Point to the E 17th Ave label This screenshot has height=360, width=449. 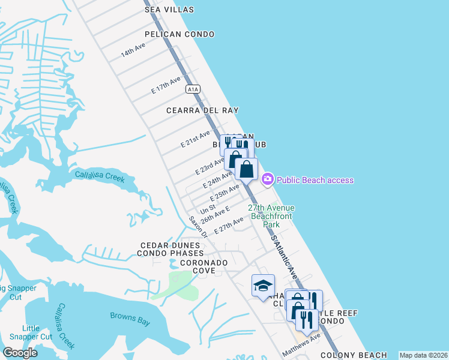tap(166, 85)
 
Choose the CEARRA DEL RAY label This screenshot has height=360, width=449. tap(203, 110)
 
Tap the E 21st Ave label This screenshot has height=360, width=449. tap(196, 139)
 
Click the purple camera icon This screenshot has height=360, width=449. tap(268, 179)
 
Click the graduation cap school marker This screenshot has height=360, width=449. tap(263, 286)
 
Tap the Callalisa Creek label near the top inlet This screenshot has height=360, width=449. tap(99, 176)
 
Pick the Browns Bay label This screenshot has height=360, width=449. tap(130, 319)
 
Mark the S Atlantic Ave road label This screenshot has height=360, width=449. tap(284, 257)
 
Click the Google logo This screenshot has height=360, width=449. tap(20, 353)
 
